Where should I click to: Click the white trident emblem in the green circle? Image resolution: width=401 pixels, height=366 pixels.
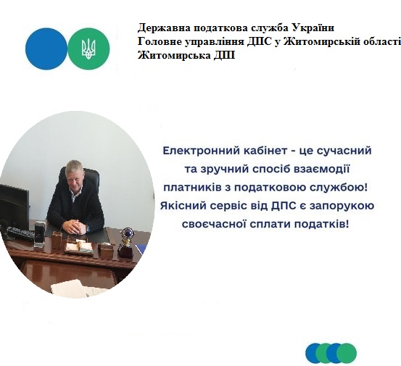click(x=88, y=49)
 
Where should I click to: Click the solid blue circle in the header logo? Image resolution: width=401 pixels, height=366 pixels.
click(x=46, y=49)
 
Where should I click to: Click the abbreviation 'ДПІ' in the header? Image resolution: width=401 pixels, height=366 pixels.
click(x=224, y=56)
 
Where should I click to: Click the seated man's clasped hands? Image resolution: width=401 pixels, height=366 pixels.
click(x=74, y=225)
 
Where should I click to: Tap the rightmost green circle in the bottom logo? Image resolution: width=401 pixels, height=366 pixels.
click(x=347, y=353)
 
